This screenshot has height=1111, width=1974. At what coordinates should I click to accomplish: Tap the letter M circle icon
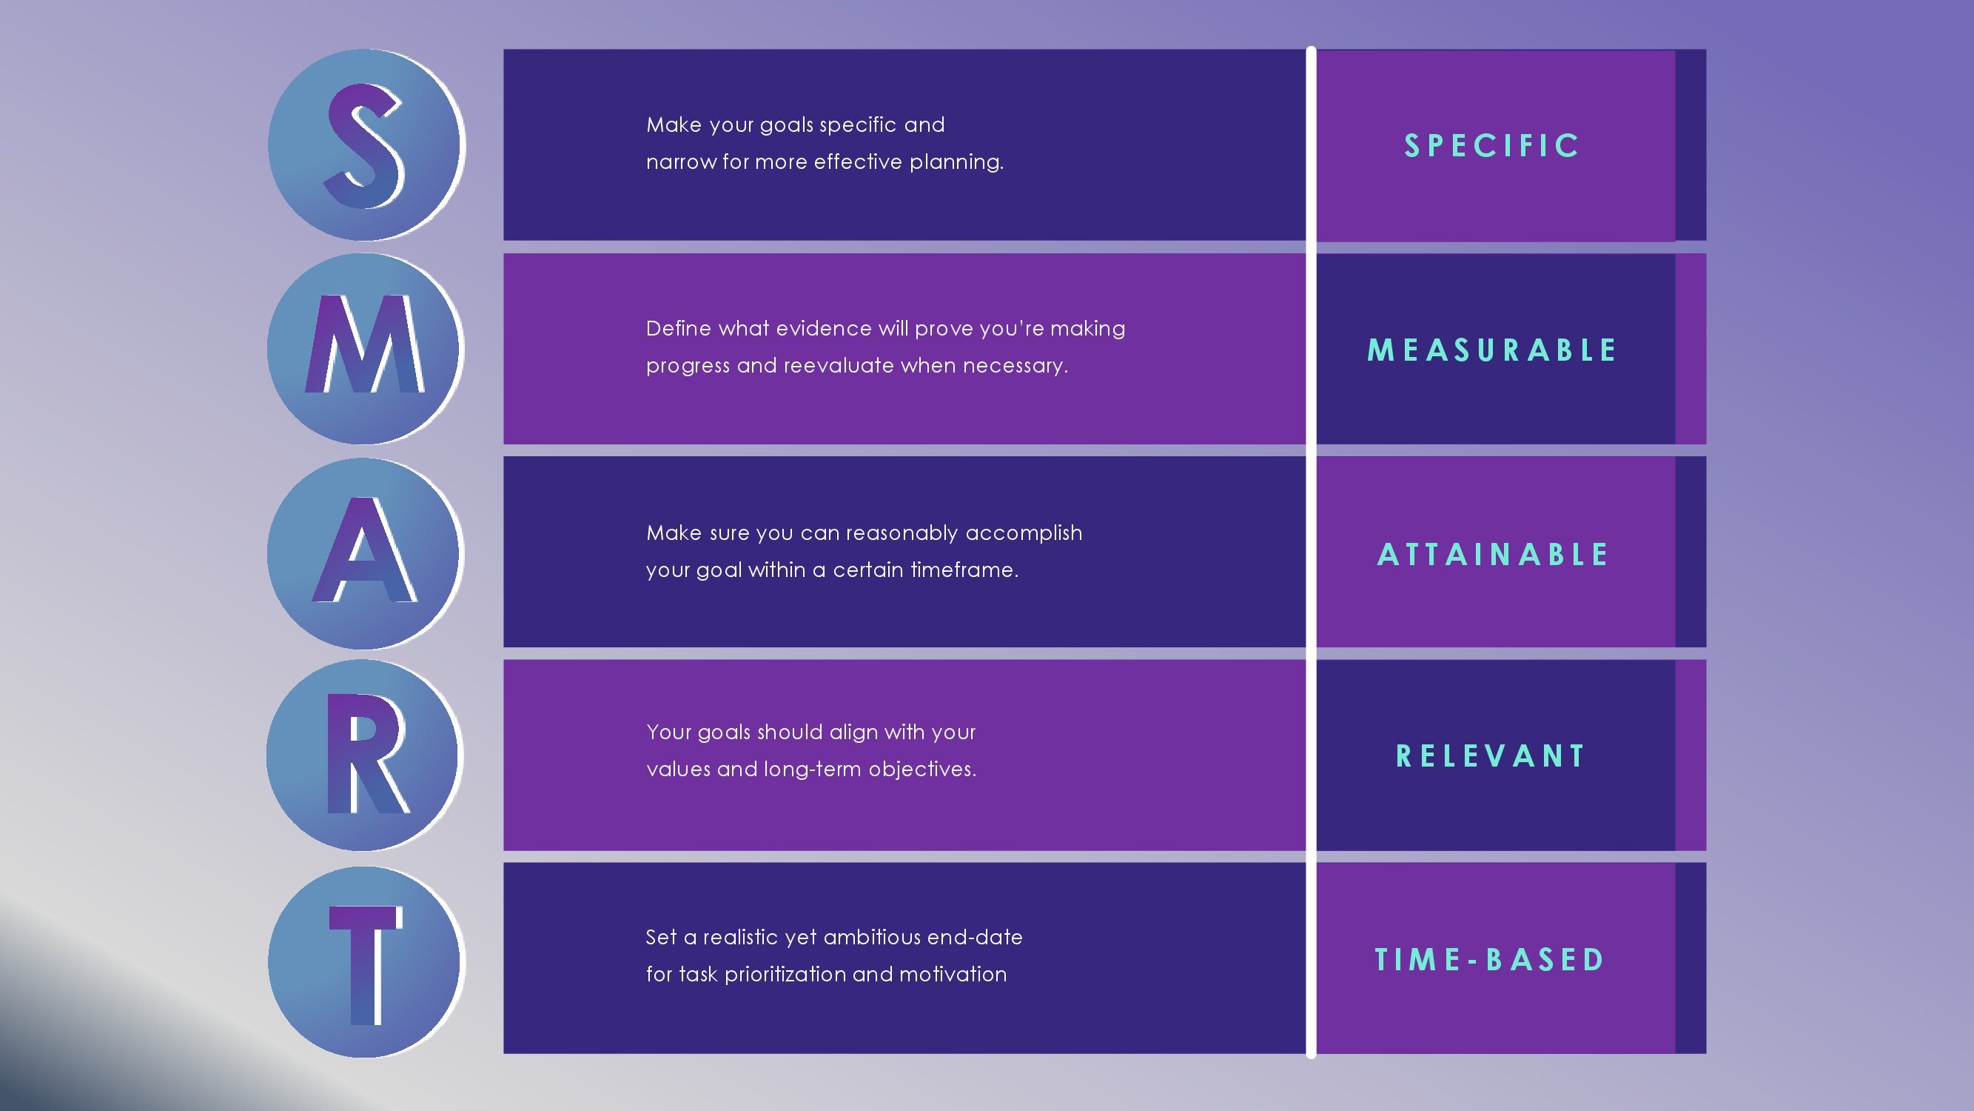(365, 348)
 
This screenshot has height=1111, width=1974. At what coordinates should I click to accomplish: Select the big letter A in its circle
(365, 552)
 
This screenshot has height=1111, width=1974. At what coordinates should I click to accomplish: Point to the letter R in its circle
(365, 755)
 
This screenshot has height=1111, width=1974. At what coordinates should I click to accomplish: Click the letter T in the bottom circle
(365, 962)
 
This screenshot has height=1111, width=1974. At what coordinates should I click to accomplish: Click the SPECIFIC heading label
(1491, 146)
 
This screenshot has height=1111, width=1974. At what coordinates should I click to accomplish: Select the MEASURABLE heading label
(1491, 350)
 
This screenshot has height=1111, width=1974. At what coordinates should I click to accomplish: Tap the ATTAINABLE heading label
(1493, 554)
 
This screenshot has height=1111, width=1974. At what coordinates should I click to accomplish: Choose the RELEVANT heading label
(1491, 756)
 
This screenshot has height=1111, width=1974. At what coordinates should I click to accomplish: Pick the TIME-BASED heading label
(1490, 960)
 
